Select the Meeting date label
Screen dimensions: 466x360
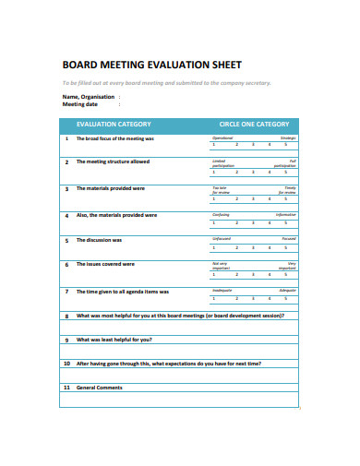tap(79, 104)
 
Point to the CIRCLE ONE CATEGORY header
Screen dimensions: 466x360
tap(254, 124)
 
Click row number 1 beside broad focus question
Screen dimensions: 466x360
tap(66, 138)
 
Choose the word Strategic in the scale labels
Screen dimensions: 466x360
tap(288, 137)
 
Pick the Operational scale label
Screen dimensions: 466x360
tap(222, 137)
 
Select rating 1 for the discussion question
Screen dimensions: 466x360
tap(213, 247)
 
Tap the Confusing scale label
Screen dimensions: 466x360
tap(221, 214)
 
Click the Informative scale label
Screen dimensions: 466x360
tap(287, 214)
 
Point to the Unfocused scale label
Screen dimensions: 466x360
tap(222, 239)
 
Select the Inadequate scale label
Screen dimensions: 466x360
tap(222, 290)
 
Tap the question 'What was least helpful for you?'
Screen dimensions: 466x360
tap(120, 339)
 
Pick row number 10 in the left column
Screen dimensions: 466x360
tap(66, 363)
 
